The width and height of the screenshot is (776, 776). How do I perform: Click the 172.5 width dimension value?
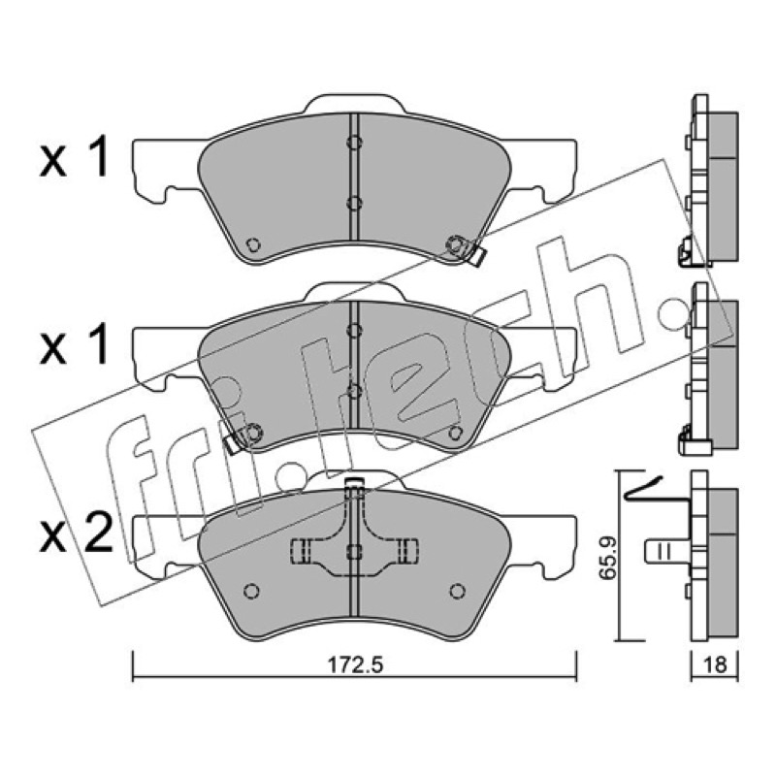point(355,664)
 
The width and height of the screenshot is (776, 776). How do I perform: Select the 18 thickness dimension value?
point(715,664)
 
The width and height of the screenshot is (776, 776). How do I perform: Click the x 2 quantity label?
point(76,534)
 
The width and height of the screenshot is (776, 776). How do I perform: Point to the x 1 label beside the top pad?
point(74,157)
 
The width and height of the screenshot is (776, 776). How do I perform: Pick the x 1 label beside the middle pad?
point(74,345)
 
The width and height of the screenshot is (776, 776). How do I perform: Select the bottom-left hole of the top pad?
point(253,244)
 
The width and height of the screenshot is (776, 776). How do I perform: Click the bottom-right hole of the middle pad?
point(455,433)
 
